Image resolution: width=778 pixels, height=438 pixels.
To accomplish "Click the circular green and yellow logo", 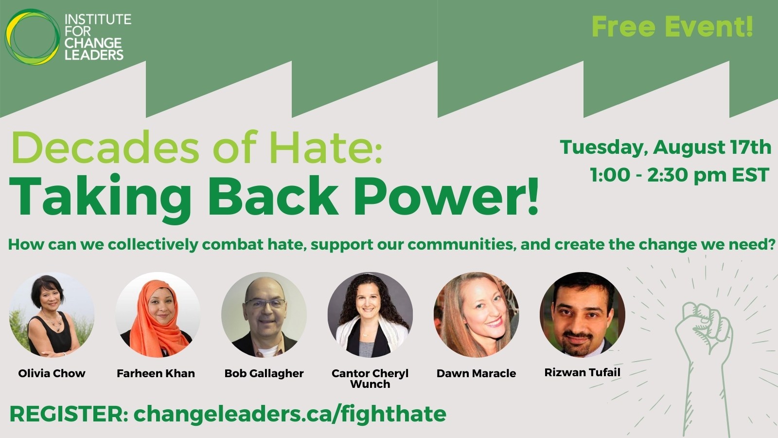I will coord(32,36).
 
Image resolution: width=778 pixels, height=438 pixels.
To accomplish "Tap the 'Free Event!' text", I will coord(672,27).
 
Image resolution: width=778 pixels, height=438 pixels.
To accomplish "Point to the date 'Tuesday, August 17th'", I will coord(665,147).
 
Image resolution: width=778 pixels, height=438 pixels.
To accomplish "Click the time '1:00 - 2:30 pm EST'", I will coord(679,175).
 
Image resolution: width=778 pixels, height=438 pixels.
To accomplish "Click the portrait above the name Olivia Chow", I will coord(52,314).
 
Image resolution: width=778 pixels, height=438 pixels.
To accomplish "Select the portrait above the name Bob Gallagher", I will coord(264,314).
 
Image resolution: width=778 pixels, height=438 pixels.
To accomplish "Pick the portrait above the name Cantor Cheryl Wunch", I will coord(370,314).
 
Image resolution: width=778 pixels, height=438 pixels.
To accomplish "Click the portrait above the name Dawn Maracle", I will coord(476,314).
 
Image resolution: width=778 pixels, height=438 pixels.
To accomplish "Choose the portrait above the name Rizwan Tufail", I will coord(582,314).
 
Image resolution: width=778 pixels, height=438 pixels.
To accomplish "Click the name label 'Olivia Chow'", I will coord(52,373).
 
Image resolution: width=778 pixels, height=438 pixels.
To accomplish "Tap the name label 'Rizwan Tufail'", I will coord(582,373).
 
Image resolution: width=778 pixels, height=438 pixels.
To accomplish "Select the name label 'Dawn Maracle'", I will coord(476,373).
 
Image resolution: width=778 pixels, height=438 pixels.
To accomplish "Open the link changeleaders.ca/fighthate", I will coord(290,414).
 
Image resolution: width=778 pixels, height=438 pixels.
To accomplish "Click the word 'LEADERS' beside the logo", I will coord(94,55).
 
